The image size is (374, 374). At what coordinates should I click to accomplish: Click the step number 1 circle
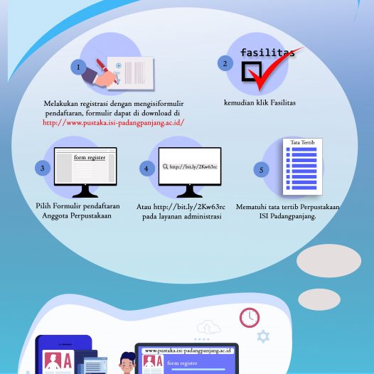pos(78,68)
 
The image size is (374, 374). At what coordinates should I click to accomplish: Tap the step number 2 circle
pos(225,63)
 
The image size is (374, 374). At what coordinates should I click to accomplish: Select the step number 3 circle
pos(43,168)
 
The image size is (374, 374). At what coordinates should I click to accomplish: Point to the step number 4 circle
pos(147,169)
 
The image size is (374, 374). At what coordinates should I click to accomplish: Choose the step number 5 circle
pos(261,170)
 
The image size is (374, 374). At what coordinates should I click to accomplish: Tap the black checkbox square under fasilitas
pos(252,71)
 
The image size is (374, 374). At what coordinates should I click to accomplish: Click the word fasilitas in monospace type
pos(267,53)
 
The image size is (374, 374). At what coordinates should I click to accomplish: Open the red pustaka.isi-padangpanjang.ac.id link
pos(114,123)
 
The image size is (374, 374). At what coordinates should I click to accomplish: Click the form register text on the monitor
pos(90,157)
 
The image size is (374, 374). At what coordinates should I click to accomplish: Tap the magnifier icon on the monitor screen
pos(165,166)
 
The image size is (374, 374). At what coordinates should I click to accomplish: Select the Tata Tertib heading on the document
pos(302,142)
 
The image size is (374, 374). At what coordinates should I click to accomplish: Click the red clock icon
pos(250,317)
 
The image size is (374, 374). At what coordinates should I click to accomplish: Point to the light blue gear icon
pos(263,336)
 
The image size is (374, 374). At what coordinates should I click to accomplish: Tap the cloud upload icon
pos(208,327)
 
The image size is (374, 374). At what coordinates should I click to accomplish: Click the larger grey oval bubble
pos(328,261)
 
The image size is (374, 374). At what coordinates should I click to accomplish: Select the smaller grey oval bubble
pos(319,299)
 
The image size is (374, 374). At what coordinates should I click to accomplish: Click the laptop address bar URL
pos(188,351)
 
